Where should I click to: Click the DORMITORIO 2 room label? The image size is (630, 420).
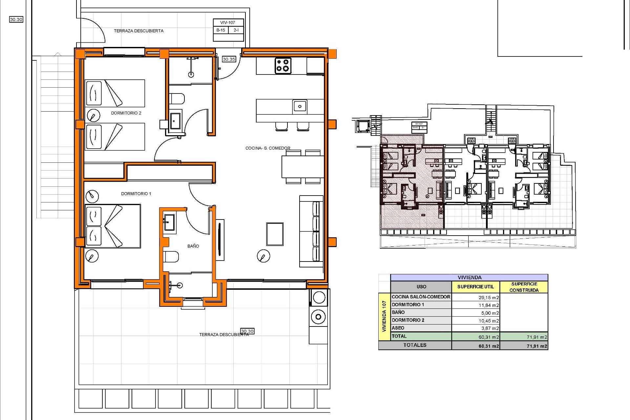click(126, 113)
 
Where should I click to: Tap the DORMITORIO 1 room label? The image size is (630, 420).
click(136, 194)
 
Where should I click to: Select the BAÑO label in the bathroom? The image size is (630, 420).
click(193, 246)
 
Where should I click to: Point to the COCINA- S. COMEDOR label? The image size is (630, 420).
click(268, 148)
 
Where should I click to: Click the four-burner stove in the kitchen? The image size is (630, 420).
click(283, 65)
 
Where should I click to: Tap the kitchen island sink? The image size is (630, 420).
click(300, 106)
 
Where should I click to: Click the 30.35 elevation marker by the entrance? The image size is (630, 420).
click(229, 59)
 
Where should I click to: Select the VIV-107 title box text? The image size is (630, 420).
click(228, 23)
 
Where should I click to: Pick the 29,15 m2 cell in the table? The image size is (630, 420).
click(489, 298)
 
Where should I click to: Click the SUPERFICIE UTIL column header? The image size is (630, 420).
click(475, 286)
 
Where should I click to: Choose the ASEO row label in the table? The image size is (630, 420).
click(398, 328)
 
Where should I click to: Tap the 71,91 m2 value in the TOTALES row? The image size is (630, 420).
click(537, 346)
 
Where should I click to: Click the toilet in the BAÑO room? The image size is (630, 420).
click(171, 257)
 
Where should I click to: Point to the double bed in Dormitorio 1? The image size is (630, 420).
click(113, 226)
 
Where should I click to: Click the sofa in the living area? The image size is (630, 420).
click(311, 232)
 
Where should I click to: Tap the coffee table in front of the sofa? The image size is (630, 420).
click(275, 234)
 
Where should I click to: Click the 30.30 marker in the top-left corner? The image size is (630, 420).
click(16, 19)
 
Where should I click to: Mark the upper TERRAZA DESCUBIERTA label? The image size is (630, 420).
click(138, 31)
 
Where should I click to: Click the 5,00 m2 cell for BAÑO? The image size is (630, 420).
click(490, 313)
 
